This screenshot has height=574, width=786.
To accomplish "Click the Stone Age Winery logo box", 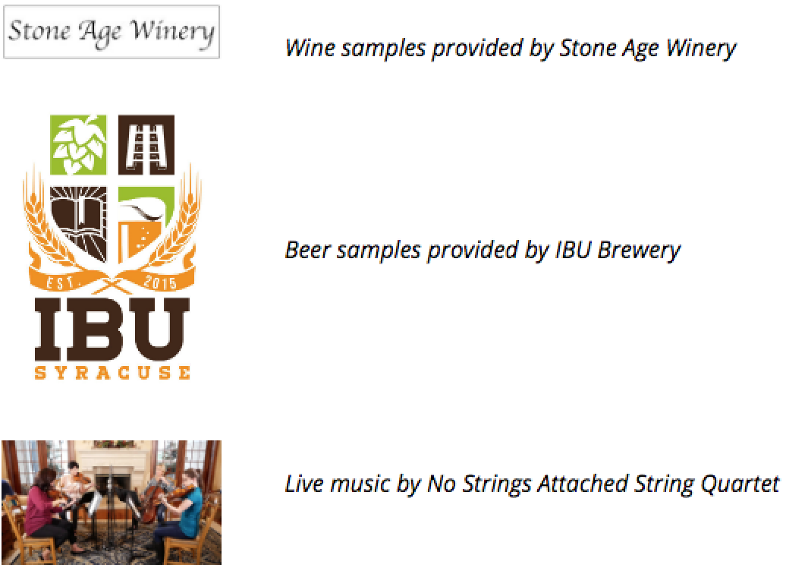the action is (x=112, y=32).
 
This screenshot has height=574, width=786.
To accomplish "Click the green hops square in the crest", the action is (x=78, y=144).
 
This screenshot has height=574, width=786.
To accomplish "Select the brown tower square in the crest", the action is (x=146, y=144).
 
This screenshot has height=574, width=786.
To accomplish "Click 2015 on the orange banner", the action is (x=160, y=282).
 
